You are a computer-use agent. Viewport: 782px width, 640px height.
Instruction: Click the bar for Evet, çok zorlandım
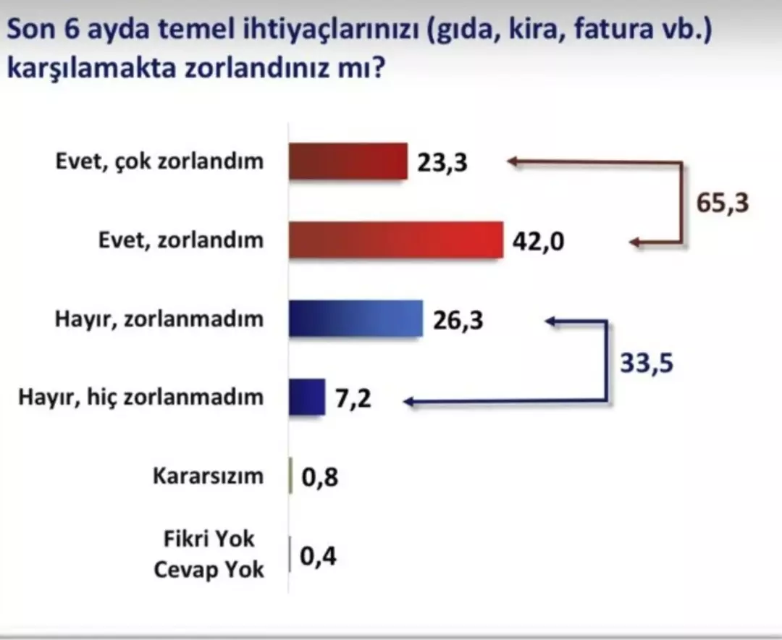click(348, 161)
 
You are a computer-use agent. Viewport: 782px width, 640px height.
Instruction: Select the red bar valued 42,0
click(396, 239)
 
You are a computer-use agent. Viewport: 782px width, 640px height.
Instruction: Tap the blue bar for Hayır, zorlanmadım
click(356, 319)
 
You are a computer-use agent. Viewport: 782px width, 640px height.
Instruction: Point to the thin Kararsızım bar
click(291, 476)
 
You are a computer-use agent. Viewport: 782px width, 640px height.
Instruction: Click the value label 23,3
click(442, 162)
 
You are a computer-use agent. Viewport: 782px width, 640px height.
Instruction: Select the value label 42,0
click(537, 240)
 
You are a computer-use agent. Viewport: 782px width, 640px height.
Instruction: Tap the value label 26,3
click(457, 320)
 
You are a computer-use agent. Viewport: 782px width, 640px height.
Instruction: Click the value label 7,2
click(353, 397)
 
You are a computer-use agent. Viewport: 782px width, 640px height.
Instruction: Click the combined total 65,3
click(722, 203)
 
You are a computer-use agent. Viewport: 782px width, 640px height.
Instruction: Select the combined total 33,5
click(647, 361)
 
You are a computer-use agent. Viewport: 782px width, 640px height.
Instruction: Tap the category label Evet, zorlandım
click(181, 240)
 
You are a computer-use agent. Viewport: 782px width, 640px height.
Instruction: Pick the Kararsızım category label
click(209, 476)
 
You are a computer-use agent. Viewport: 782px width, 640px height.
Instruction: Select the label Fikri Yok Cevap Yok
click(209, 555)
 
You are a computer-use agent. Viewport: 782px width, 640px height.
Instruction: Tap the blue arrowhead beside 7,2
click(411, 399)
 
